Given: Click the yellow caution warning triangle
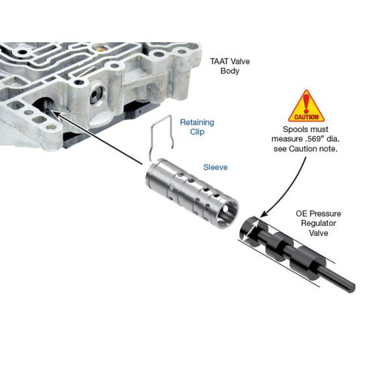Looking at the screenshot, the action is tap(306, 107).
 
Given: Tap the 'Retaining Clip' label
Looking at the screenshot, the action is tap(197, 127).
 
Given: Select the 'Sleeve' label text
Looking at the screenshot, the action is tap(215, 167).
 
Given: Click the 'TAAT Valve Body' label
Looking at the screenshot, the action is tap(230, 66).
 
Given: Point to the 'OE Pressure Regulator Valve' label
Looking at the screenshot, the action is tap(318, 223).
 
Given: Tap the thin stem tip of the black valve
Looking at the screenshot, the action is tap(353, 288).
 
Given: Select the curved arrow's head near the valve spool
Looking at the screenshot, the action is tap(264, 214).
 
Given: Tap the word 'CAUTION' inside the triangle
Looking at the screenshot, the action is tap(306, 117).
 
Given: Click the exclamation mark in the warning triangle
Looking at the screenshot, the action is tap(306, 103).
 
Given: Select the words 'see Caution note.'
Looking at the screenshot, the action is tap(306, 149).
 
